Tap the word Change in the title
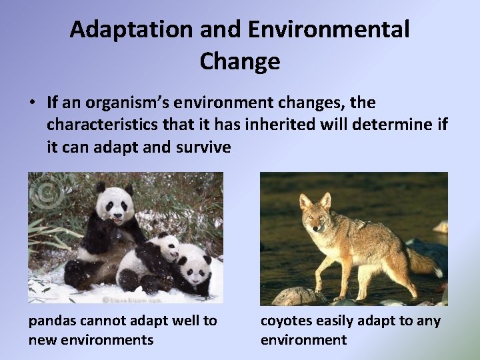tap(239, 61)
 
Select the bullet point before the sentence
tap(32, 104)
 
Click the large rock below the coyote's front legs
tap(295, 296)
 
